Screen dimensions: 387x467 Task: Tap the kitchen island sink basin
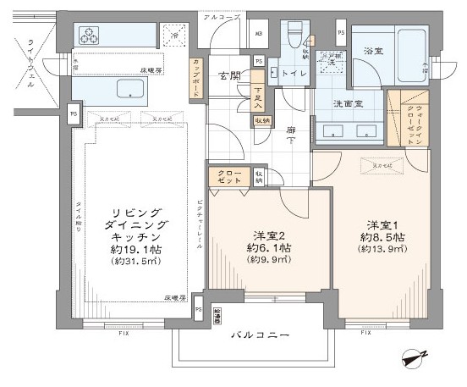(125, 90)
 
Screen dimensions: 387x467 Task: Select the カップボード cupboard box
(196, 80)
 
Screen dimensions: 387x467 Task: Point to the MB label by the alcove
(258, 35)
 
